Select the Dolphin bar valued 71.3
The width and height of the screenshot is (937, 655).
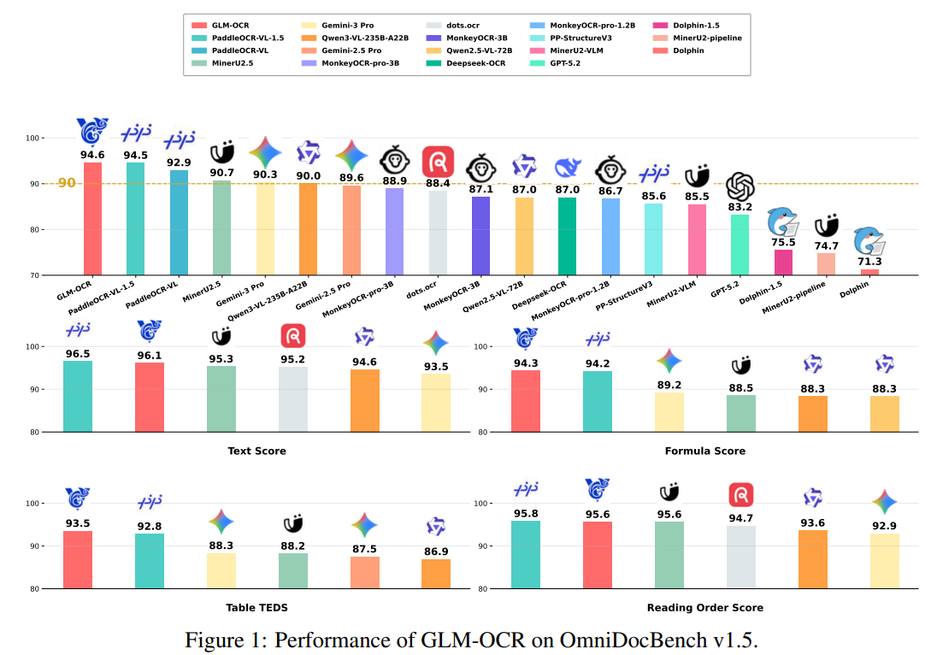(x=869, y=272)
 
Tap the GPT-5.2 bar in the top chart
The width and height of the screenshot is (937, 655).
(x=740, y=245)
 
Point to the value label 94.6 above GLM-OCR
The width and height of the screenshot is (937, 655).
(x=92, y=155)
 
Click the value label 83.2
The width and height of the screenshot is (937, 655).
(x=740, y=207)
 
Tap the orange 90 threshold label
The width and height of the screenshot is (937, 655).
(x=67, y=183)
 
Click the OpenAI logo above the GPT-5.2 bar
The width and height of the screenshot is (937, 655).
(x=740, y=186)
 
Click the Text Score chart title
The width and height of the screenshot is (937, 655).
(x=256, y=451)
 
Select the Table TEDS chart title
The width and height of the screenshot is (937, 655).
(x=256, y=607)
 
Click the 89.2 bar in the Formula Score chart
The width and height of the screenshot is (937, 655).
(x=669, y=411)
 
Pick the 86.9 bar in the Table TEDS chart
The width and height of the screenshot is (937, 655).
(x=436, y=573)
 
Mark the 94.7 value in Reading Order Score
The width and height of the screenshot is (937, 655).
(x=740, y=516)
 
